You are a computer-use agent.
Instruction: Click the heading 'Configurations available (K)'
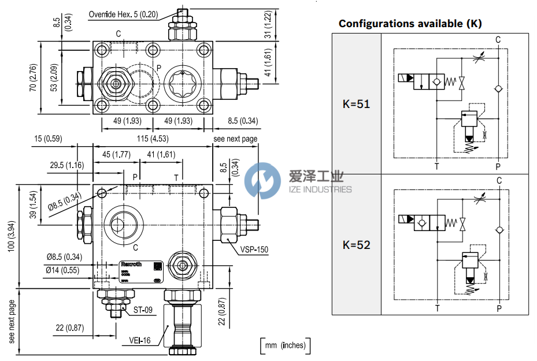coord(410,24)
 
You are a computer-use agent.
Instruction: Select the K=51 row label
coord(356,105)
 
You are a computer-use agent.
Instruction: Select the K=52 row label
coord(356,245)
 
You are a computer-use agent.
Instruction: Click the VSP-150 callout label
coord(254,250)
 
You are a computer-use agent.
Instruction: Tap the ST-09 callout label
coord(143,310)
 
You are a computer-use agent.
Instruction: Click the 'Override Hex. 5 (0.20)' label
coord(123,14)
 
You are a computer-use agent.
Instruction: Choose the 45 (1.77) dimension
coord(116,154)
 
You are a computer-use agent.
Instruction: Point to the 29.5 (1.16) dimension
coord(66,165)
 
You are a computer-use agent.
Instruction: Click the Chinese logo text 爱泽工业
coord(316,177)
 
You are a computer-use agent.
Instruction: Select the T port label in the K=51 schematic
coord(437,166)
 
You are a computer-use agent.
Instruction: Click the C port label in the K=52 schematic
coord(499,181)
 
